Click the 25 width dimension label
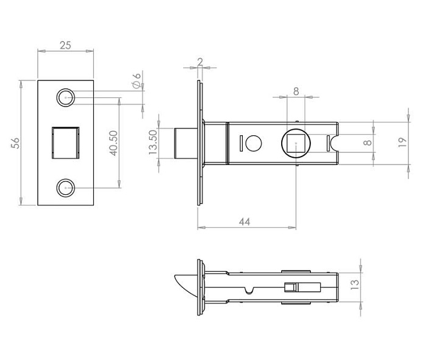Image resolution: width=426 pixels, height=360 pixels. [66, 45]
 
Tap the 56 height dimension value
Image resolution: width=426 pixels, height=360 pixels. [15, 143]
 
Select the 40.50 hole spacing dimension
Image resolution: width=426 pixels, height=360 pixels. [114, 143]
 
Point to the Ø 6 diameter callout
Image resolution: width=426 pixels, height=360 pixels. [137, 80]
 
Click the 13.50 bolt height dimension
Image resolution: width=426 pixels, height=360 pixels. [153, 142]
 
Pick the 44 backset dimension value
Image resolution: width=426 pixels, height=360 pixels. [245, 222]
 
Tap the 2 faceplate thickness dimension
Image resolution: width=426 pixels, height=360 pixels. [200, 62]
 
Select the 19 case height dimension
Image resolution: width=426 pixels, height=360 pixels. [402, 142]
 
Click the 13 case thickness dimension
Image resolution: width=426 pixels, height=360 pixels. [355, 284]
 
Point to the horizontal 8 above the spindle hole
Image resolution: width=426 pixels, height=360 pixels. [296, 91]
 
